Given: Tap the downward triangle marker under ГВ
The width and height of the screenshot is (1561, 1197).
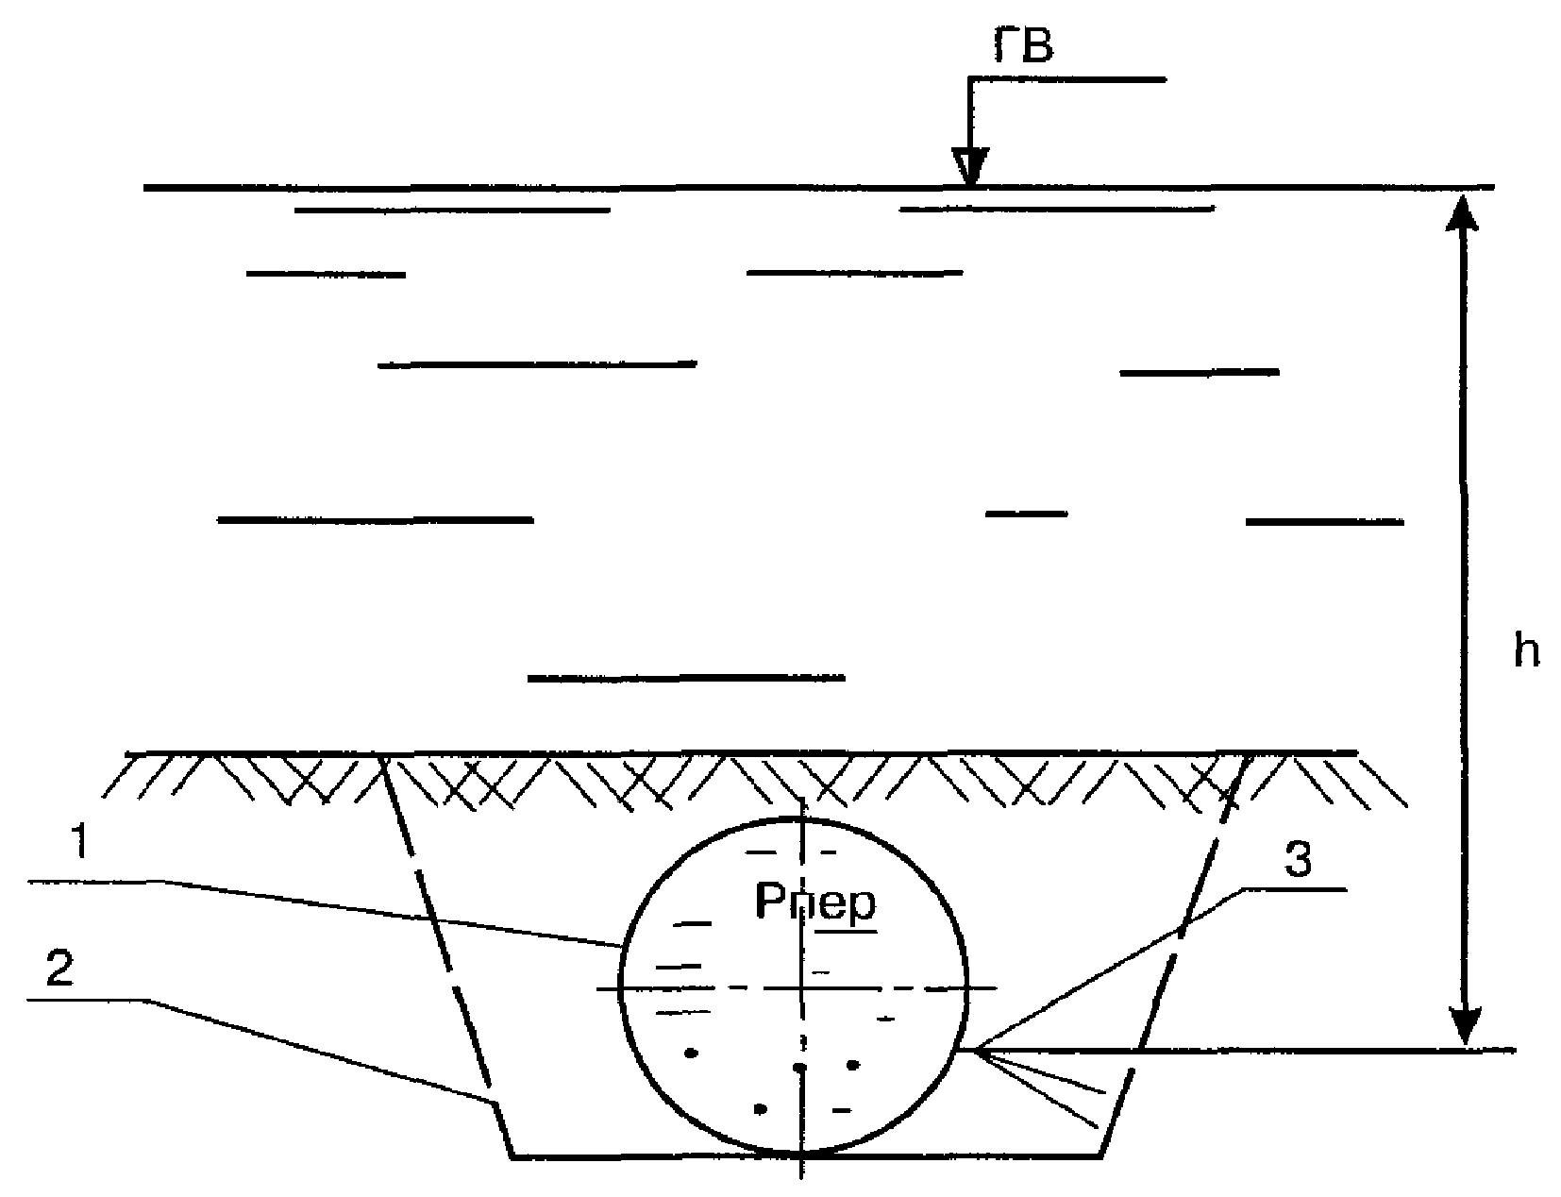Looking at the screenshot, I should pyautogui.click(x=969, y=166).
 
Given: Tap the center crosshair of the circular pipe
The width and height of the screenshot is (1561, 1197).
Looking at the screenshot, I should pyautogui.click(x=800, y=988).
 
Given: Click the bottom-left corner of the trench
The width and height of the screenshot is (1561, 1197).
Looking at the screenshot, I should pyautogui.click(x=512, y=1155).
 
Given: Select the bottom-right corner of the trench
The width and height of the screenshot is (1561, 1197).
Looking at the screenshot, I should pyautogui.click(x=1102, y=1155).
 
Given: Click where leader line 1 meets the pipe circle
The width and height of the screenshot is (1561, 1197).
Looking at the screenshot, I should pyautogui.click(x=622, y=945).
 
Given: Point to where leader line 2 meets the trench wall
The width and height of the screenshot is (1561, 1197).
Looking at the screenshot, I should pyautogui.click(x=494, y=1101).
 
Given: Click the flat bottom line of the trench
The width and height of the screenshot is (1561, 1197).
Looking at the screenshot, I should pyautogui.click(x=661, y=1155).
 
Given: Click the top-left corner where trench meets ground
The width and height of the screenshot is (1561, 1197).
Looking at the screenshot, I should pyautogui.click(x=381, y=754).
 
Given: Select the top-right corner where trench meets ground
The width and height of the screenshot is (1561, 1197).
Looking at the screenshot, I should pyautogui.click(x=1250, y=754).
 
